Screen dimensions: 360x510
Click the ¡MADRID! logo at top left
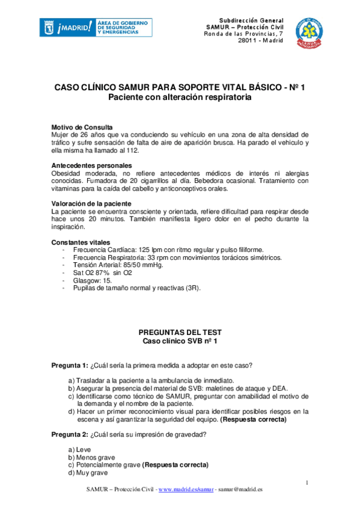[66, 28]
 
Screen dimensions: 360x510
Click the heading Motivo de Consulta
[82, 127]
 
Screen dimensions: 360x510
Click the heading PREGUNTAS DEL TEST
[180, 332]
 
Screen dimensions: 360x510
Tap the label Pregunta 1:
[69, 366]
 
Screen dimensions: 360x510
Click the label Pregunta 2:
[69, 435]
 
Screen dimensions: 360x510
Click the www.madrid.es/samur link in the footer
[186, 490]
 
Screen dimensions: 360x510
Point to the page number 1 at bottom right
[307, 483]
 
